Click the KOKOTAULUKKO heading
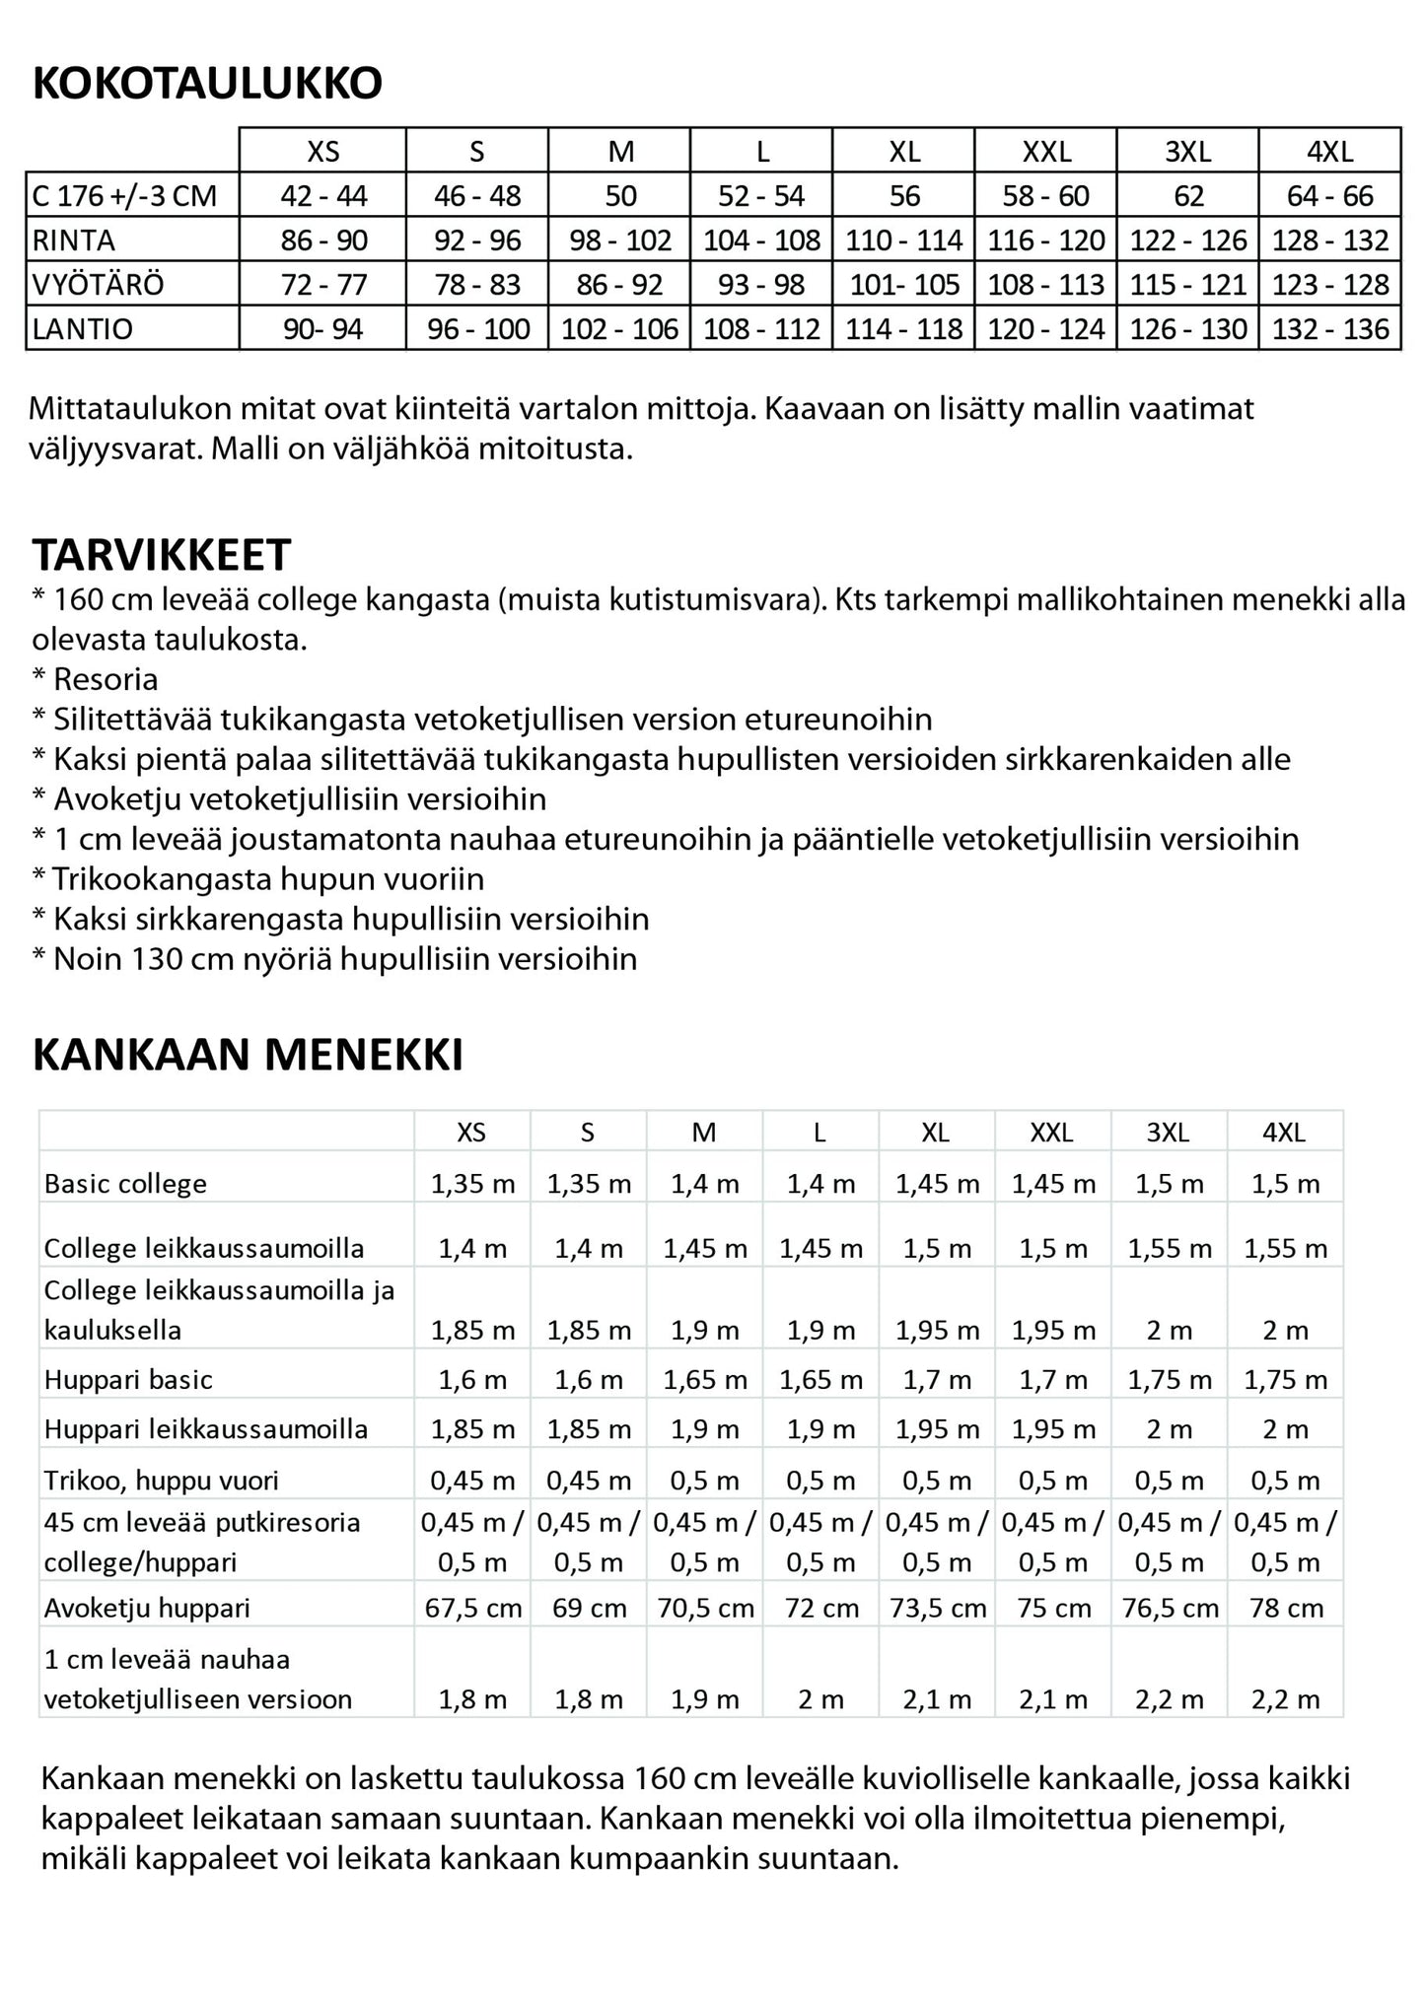(207, 85)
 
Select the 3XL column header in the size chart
(1187, 152)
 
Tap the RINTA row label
(74, 241)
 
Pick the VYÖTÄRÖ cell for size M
(620, 285)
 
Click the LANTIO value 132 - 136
(1329, 329)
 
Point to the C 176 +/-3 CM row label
(124, 196)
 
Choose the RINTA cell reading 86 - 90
(323, 241)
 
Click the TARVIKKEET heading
(162, 555)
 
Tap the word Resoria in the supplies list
(106, 679)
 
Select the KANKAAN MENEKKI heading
(248, 1055)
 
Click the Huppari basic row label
(128, 1379)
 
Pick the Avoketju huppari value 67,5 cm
(473, 1608)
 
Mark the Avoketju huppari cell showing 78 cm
(1286, 1608)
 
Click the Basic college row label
(125, 1184)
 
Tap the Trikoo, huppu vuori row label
(161, 1480)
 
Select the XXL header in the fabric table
(1051, 1133)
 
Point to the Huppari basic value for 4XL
(1286, 1379)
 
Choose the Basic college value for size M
(705, 1184)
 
